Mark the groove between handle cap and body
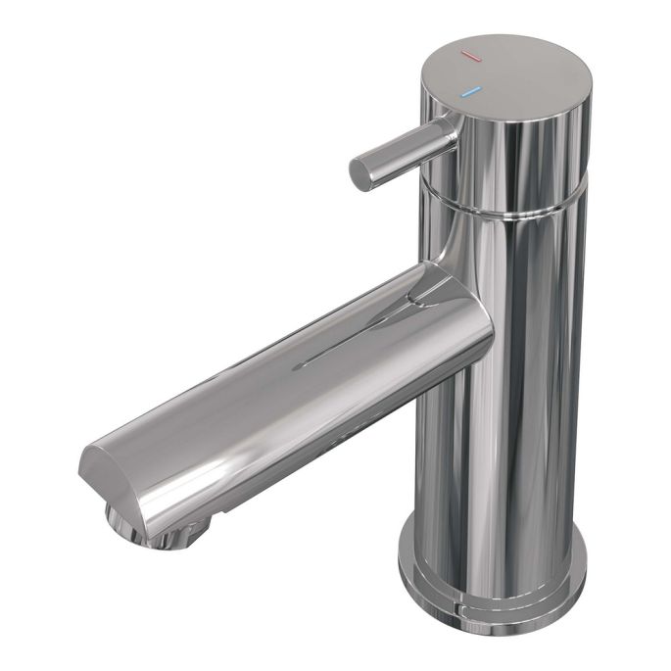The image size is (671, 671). (x=509, y=209)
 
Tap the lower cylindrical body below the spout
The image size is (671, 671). (x=490, y=470)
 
